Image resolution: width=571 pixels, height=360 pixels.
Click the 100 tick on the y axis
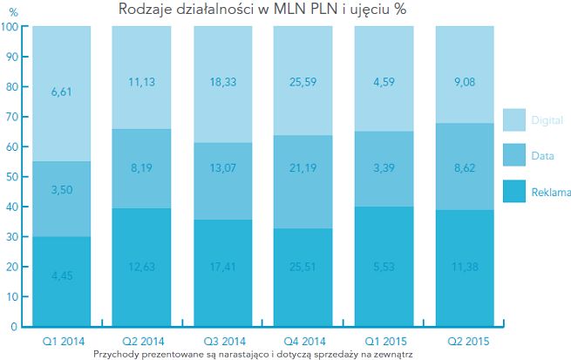11,27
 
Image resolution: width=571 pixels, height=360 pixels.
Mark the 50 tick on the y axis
14,177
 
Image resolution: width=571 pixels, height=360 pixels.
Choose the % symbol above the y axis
12,12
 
